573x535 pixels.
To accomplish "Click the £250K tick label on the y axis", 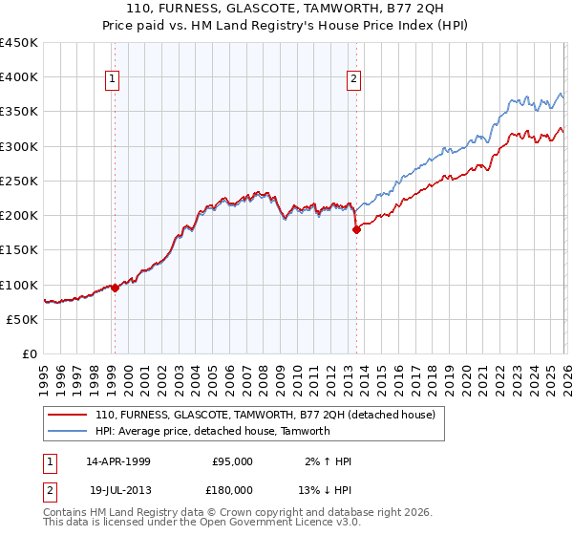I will (19, 182).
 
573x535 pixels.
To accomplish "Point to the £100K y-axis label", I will (19, 285).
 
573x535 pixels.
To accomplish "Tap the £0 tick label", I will (31, 354).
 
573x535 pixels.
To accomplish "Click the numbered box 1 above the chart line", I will (114, 79).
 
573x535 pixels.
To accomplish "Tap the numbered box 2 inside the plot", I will (354, 79).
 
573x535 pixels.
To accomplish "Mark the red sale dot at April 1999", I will (115, 288).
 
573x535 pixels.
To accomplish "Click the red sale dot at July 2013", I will (356, 229).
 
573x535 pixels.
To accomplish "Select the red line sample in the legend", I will (69, 416).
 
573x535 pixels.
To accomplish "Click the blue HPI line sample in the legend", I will (69, 431).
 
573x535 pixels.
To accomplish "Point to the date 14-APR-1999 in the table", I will (118, 461).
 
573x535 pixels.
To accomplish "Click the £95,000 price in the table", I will (232, 461).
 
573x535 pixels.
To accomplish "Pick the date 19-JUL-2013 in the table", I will (117, 488).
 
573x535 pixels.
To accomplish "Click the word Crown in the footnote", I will (240, 513).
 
